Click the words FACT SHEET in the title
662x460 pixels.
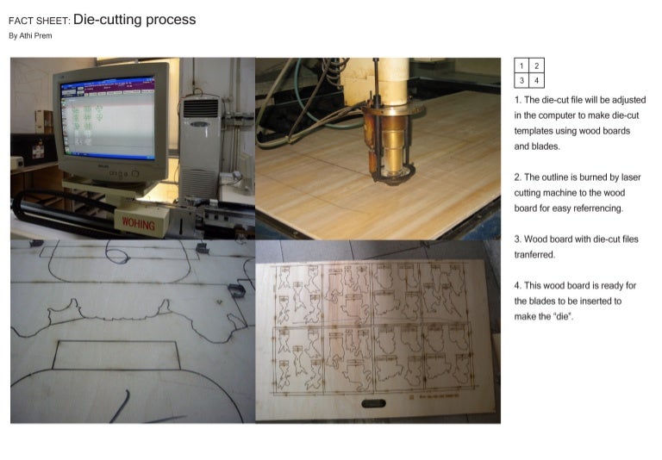tap(39, 21)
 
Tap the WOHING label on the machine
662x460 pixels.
tap(138, 224)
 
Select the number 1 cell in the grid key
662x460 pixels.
tap(521, 66)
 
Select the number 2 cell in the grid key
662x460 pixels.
tap(536, 66)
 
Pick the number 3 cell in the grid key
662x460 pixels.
tap(521, 81)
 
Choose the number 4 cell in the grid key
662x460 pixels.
tap(536, 81)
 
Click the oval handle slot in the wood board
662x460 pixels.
tap(376, 403)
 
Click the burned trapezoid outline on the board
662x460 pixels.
tap(116, 355)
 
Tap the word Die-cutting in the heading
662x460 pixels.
tap(109, 19)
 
